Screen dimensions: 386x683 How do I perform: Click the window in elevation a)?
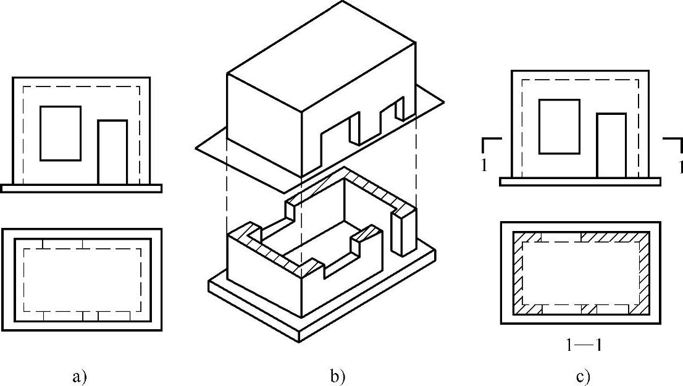[x=61, y=133]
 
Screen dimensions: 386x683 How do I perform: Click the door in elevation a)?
[x=112, y=153]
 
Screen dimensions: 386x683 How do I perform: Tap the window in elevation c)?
[x=559, y=126]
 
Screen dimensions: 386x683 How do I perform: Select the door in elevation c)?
[x=611, y=146]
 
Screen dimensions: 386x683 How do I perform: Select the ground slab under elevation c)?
[x=580, y=182]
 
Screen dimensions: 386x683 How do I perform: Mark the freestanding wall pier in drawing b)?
[x=404, y=232]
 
